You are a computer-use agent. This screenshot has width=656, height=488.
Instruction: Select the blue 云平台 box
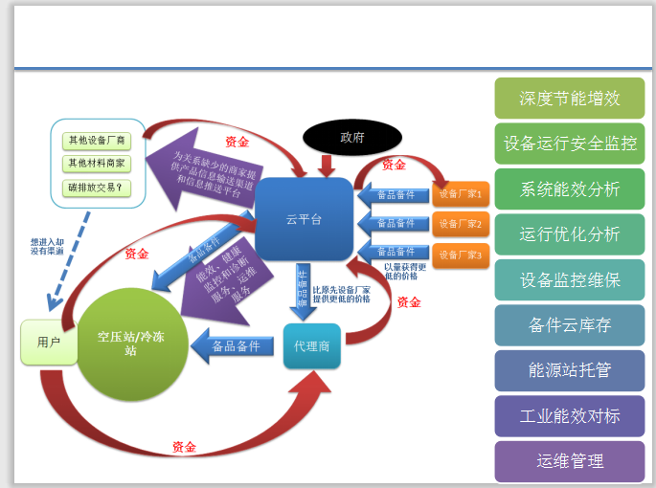click(x=305, y=218)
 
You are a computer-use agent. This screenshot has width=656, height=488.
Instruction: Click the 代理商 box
click(x=312, y=345)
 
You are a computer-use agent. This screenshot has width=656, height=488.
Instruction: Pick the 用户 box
click(x=49, y=342)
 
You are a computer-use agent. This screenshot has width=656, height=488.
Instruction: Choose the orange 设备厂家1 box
click(x=461, y=193)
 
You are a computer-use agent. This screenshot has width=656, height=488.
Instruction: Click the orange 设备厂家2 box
click(x=461, y=225)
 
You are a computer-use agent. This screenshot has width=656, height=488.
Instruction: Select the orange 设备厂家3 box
click(x=461, y=255)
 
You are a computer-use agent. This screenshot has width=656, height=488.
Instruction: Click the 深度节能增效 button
click(x=570, y=99)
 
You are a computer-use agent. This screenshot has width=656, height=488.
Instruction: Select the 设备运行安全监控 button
click(x=570, y=144)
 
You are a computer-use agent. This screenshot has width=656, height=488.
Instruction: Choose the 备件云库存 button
click(x=570, y=325)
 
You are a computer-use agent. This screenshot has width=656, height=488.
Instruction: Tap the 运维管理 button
click(x=570, y=461)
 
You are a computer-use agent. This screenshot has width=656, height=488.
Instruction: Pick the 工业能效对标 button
click(x=570, y=416)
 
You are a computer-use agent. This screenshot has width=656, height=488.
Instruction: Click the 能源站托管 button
click(x=570, y=370)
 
